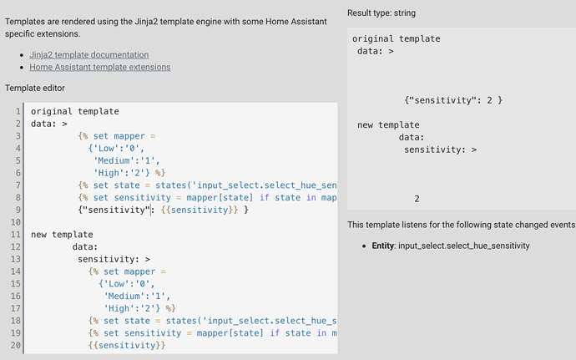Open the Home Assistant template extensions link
tap(99, 67)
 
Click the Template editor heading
tap(34, 88)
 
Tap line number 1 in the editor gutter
tap(18, 111)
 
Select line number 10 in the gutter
tap(15, 222)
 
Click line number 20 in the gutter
tap(15, 345)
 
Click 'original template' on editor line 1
tap(74, 111)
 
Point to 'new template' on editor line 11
tap(62, 235)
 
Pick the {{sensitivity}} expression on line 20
tap(127, 345)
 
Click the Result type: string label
tap(383, 13)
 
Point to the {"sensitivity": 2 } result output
tap(452, 100)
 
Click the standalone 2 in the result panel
tap(417, 199)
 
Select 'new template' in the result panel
tap(388, 124)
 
